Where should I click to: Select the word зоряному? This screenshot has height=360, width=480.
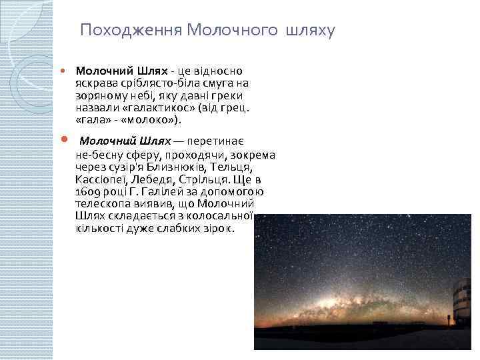point(100,96)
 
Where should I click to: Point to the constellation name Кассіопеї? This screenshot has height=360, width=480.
point(103,179)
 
